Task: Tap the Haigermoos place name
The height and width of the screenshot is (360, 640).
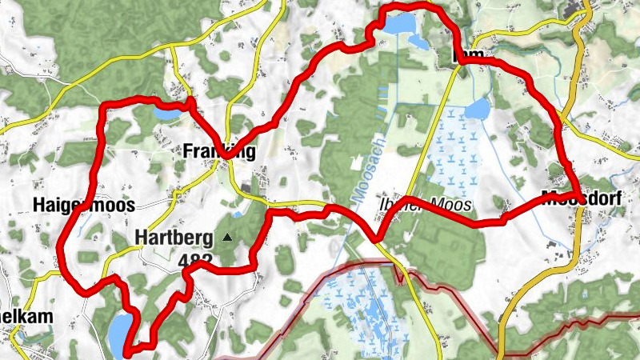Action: [x=83, y=205]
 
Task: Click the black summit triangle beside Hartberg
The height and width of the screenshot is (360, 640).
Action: [x=227, y=238]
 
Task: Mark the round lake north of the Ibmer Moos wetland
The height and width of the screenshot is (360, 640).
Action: [x=477, y=108]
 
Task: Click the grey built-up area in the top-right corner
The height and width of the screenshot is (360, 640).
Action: [x=579, y=13]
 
